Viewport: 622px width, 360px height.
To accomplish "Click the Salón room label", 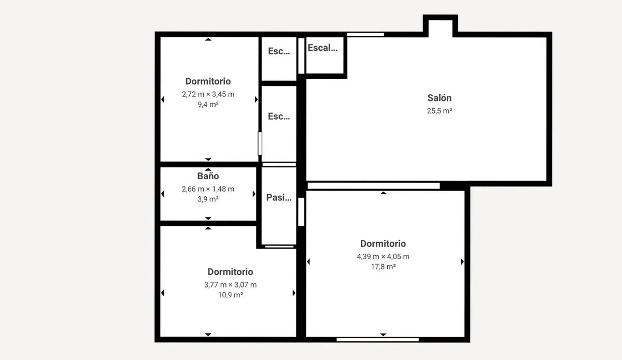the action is (440, 98).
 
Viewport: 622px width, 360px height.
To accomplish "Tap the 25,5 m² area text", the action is (440, 111).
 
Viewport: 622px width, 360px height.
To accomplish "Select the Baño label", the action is (208, 176).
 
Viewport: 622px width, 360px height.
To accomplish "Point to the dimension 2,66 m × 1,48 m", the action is (208, 189).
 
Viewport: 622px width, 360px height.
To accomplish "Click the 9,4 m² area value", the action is (208, 104).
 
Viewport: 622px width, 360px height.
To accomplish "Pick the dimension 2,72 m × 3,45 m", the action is (208, 94).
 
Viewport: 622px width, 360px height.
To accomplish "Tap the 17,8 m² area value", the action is (383, 267).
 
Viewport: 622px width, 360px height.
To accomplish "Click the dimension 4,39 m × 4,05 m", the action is (383, 256).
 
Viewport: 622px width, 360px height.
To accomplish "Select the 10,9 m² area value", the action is (231, 295).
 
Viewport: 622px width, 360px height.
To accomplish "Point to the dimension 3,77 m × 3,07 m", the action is (231, 285).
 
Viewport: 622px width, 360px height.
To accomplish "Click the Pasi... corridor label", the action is (279, 197).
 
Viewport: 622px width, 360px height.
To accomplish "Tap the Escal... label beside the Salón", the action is (322, 48).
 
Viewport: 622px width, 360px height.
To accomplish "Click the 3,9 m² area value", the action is (208, 199).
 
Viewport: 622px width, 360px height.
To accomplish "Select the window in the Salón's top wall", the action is (365, 34).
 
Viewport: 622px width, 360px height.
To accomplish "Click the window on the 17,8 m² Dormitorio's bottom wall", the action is (378, 340).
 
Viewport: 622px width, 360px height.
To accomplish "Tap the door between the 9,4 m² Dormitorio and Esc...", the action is (260, 143).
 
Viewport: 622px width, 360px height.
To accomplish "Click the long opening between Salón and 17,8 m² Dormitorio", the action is (374, 185).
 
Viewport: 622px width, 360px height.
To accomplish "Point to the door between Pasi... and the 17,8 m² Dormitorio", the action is (301, 212).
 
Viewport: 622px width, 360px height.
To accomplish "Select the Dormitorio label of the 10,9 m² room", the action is (231, 272).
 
